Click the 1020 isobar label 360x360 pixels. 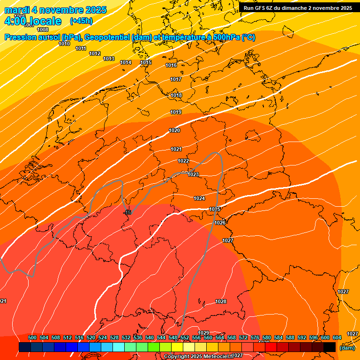pyautogui.click(x=174, y=130)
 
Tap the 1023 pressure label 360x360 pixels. pyautogui.click(x=193, y=174)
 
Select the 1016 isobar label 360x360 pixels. pyautogui.click(x=171, y=65)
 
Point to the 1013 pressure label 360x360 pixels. pyautogui.click(x=109, y=59)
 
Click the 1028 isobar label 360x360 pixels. pyautogui.click(x=221, y=301)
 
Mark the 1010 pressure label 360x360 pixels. pyautogui.click(x=64, y=44)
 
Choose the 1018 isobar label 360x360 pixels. pyautogui.click(x=176, y=95)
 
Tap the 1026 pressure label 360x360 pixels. pyautogui.click(x=220, y=223)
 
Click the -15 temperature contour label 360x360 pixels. pyautogui.click(x=128, y=212)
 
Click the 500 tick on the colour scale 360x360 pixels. pyautogui.click(x=32, y=337)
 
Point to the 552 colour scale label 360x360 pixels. pyautogui.click(x=185, y=337)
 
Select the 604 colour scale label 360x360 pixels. pyautogui.click(x=337, y=337)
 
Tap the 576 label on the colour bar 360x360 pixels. pyautogui.click(x=255, y=337)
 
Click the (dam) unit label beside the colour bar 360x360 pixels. pyautogui.click(x=347, y=348)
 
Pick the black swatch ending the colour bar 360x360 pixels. pyautogui.click(x=330, y=347)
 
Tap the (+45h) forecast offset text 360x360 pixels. pyautogui.click(x=81, y=21)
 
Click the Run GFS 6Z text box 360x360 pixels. pyautogui.click(x=298, y=8)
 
